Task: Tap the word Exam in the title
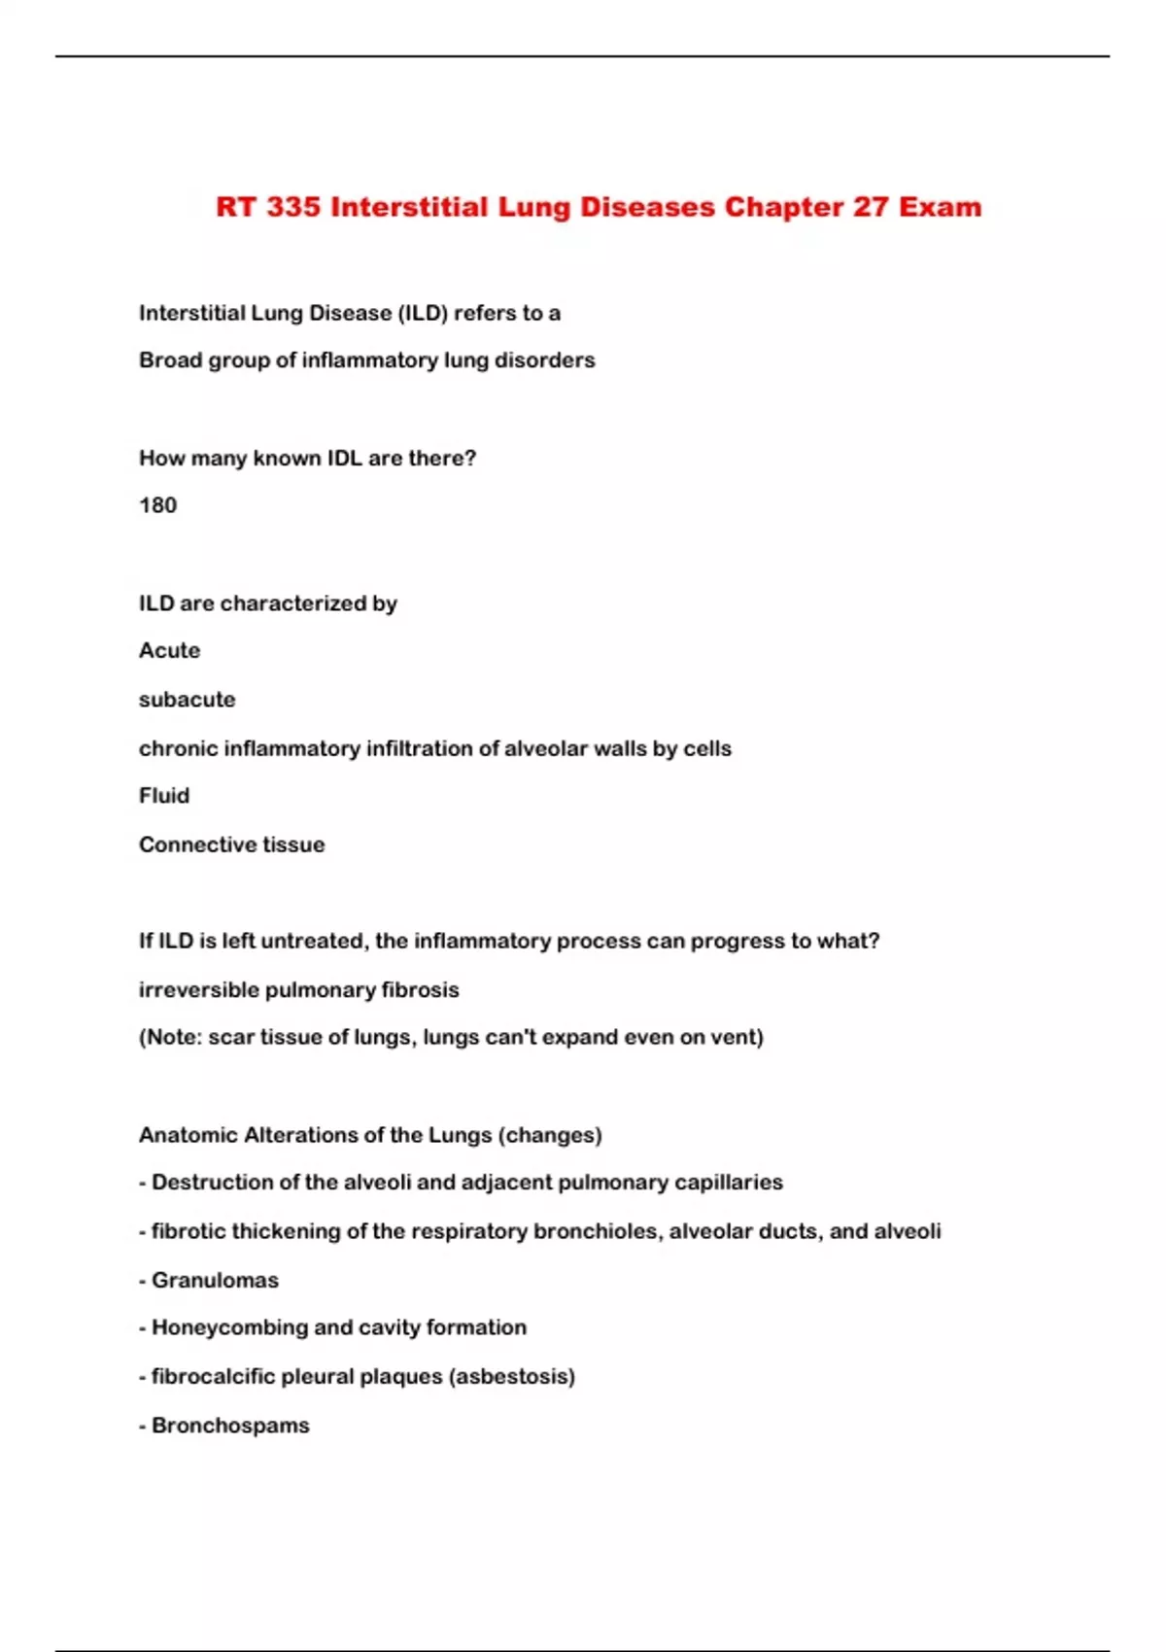tap(940, 207)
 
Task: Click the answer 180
tap(157, 505)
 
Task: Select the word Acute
tap(169, 650)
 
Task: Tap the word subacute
tap(187, 700)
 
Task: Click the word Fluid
tap(164, 796)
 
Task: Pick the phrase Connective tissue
tap(231, 844)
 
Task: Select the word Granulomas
tap(215, 1281)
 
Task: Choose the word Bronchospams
tap(230, 1426)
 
